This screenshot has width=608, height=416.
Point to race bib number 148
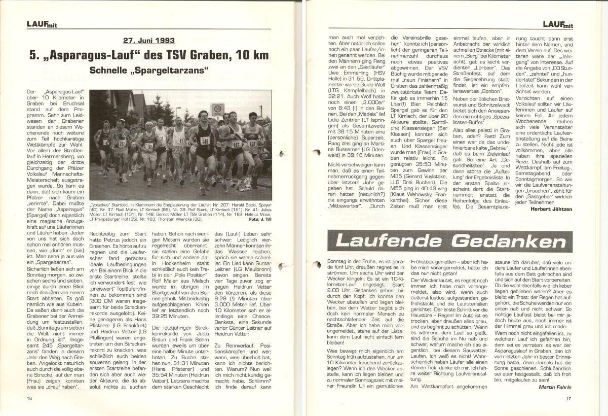[205, 141]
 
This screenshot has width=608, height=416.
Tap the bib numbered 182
[236, 145]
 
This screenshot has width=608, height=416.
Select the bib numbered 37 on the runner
[149, 147]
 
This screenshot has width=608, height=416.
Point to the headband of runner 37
[148, 123]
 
